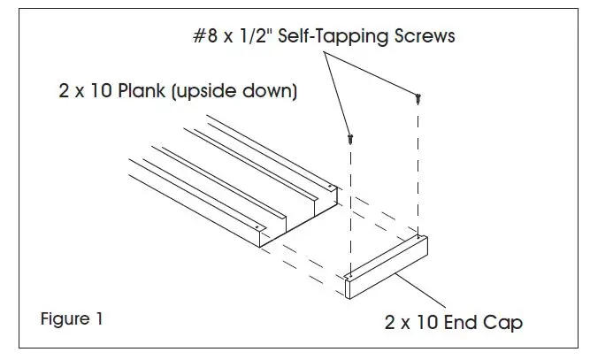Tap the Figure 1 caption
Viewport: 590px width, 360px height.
72,319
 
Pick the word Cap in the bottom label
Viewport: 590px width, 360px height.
502,323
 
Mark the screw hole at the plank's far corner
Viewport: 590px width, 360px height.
330,187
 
